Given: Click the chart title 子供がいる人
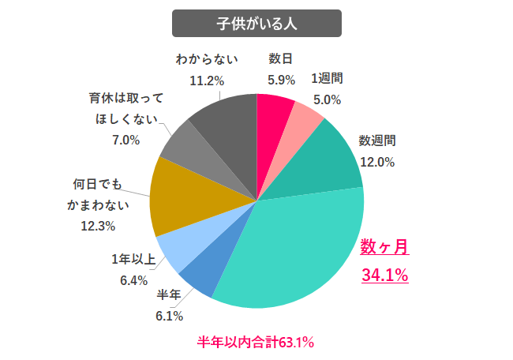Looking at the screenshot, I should point(256,23).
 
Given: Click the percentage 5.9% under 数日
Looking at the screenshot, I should point(281,80).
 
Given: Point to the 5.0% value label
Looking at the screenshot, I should point(327,100).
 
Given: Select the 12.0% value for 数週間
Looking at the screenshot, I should point(377,162).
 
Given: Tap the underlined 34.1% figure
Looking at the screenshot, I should point(385,276).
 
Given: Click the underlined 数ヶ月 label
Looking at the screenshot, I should point(385,247).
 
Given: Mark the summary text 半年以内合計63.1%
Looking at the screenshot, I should point(256,342).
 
